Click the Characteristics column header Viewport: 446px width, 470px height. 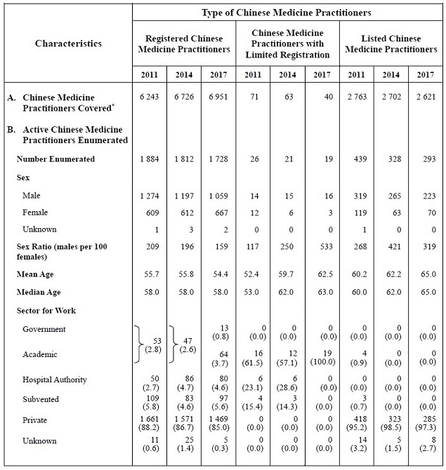click(68, 43)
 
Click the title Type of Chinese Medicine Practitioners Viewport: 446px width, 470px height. click(287, 13)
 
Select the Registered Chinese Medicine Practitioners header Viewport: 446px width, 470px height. click(187, 44)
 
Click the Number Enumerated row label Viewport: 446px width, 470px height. click(55, 159)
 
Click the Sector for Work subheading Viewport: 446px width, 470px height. click(46, 310)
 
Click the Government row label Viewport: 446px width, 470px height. click(44, 329)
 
